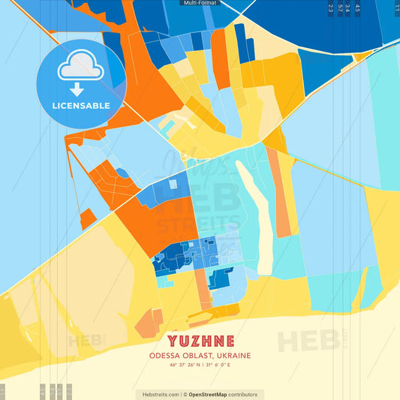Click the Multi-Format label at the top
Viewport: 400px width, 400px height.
tap(200, 3)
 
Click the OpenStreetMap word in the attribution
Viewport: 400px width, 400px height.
tap(213, 394)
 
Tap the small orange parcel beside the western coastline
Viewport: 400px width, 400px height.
tap(87, 218)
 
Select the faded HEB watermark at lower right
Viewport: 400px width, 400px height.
tap(308, 341)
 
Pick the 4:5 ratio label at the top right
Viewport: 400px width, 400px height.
tap(357, 9)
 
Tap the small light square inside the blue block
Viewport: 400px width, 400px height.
tap(173, 184)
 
